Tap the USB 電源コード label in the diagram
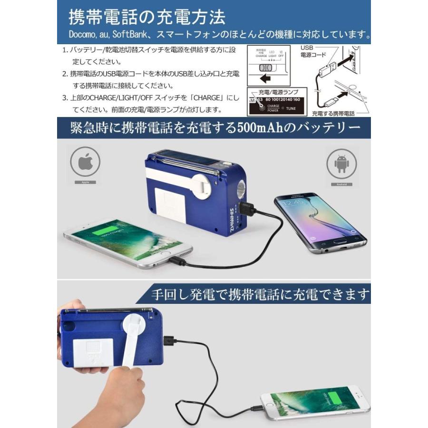[313, 51]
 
